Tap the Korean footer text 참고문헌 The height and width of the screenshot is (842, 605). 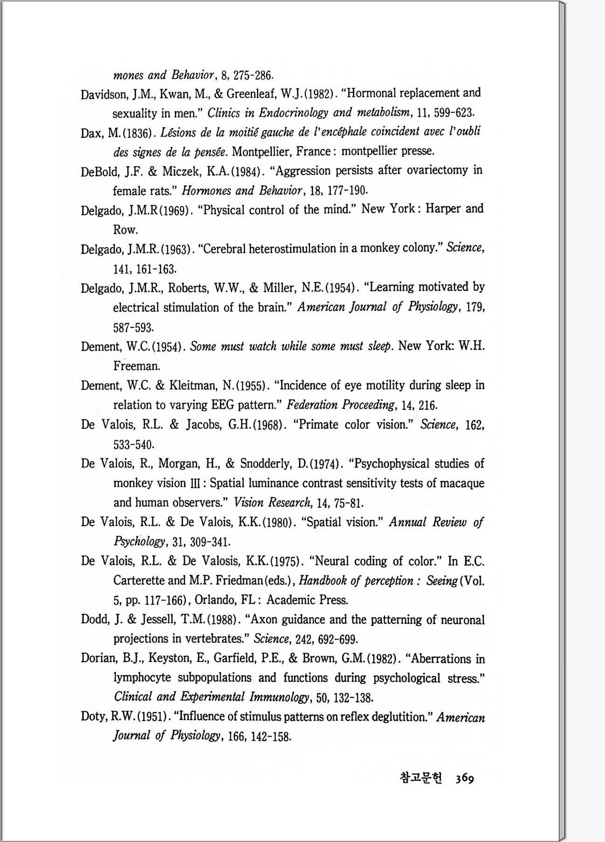421,778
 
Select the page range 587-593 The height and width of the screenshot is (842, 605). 133,327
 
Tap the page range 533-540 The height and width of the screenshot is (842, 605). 134,444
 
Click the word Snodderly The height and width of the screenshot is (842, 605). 267,464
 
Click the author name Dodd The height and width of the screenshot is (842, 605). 95,620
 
